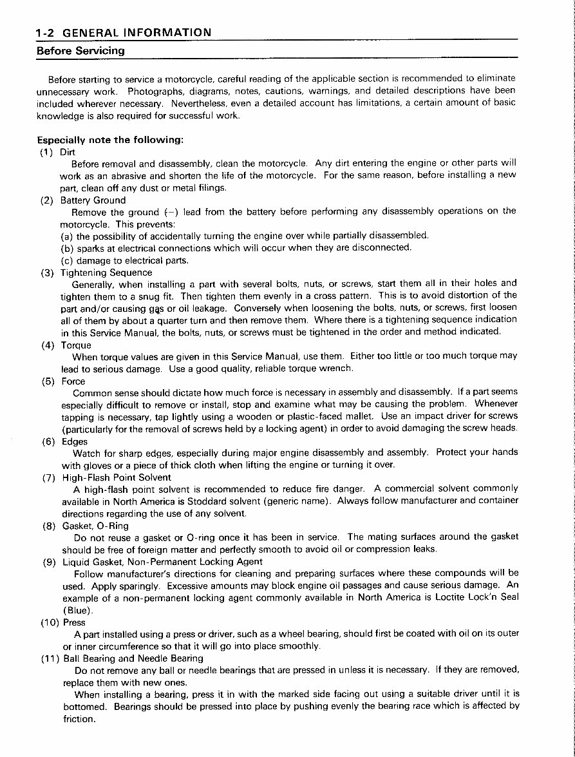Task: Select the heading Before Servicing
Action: (x=80, y=50)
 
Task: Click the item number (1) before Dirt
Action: (x=47, y=152)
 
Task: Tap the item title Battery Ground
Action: (x=93, y=200)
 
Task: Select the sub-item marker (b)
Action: (x=67, y=247)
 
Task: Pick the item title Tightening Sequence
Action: (x=106, y=272)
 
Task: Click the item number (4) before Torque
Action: (x=48, y=345)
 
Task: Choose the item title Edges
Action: (x=75, y=441)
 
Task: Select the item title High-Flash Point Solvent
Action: (x=117, y=477)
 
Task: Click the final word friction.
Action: (x=79, y=719)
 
